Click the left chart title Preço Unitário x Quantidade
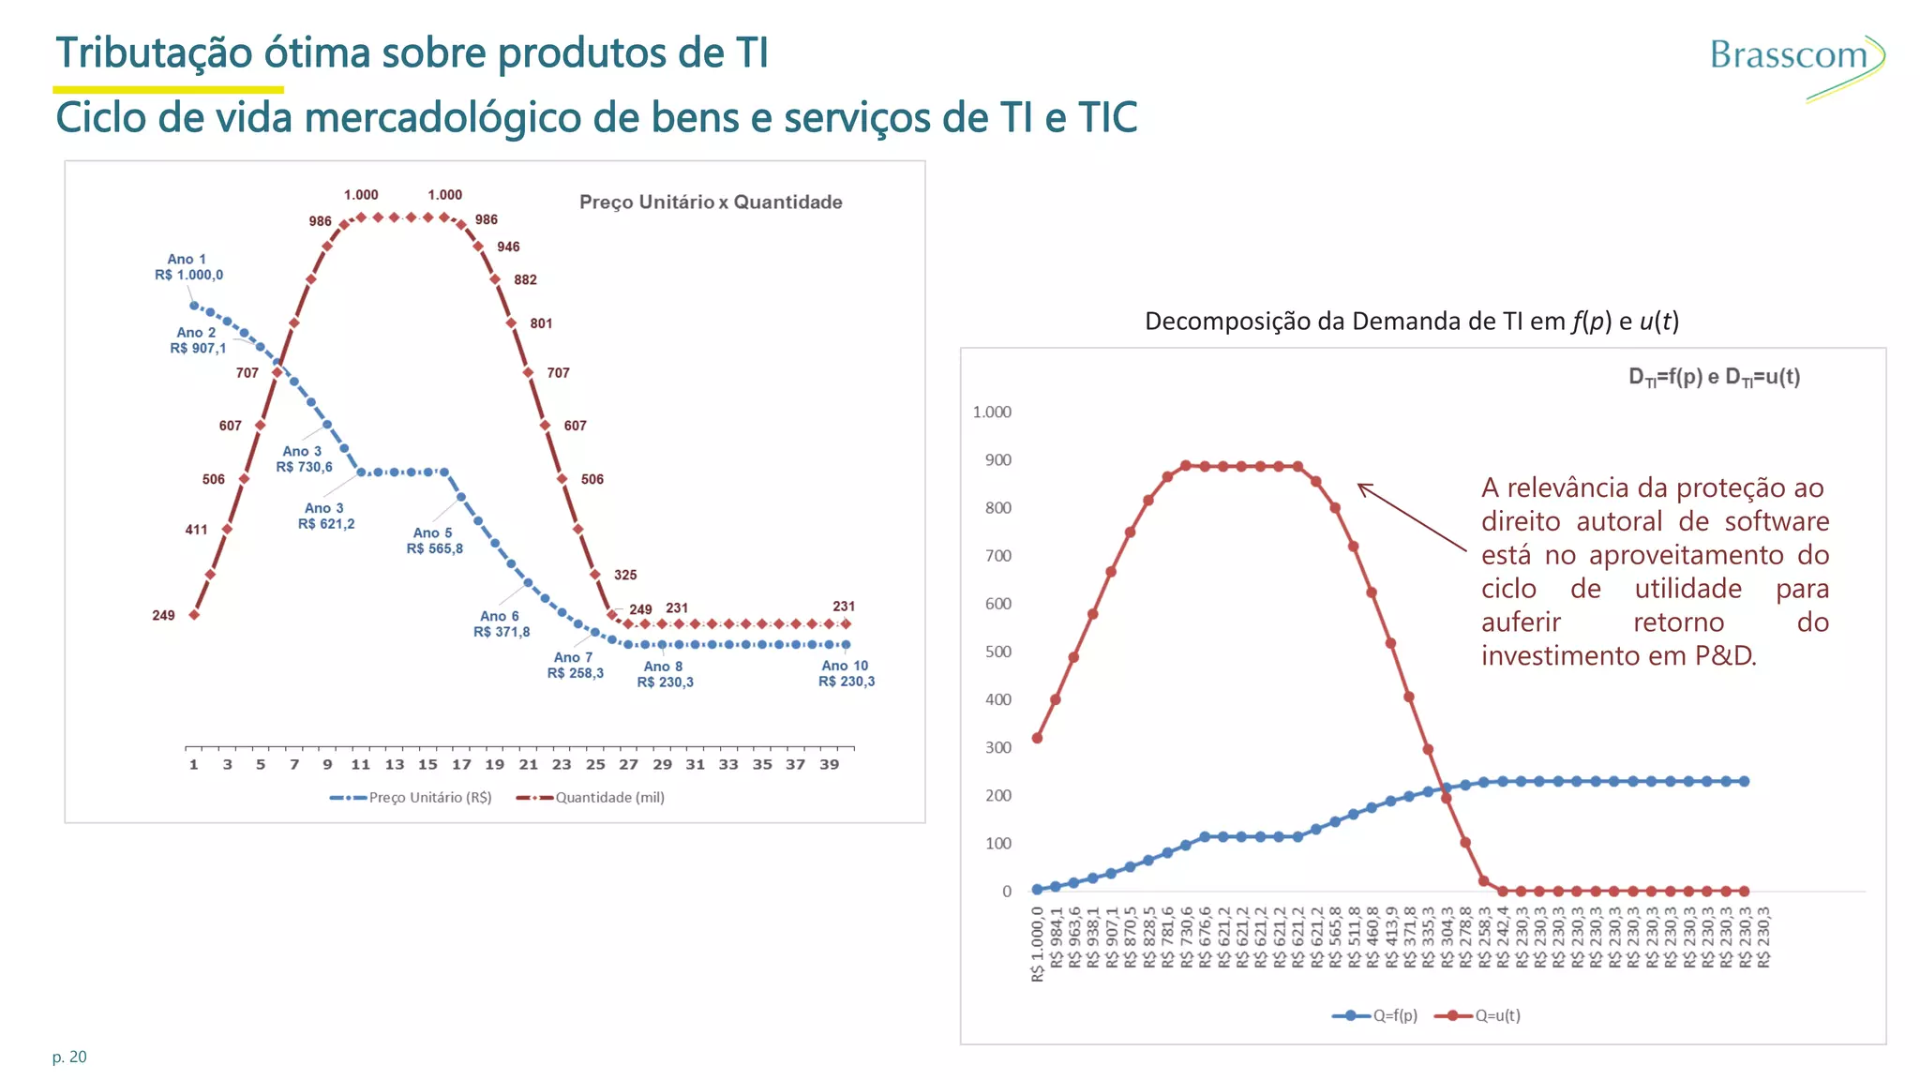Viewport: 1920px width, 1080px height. click(711, 202)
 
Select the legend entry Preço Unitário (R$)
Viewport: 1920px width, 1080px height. click(412, 798)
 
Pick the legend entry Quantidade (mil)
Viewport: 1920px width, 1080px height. click(592, 798)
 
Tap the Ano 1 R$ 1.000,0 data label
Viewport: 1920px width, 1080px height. click(188, 267)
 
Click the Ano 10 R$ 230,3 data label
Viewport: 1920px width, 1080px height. click(846, 674)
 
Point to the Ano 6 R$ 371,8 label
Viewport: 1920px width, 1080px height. click(501, 624)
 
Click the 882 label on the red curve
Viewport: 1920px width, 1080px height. click(525, 280)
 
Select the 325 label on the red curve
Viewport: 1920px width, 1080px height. click(625, 576)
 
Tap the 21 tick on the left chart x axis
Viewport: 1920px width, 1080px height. click(528, 765)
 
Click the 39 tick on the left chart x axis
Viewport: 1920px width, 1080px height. click(829, 765)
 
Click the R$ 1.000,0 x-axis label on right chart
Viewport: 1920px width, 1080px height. click(1037, 945)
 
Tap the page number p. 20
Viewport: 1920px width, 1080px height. click(69, 1057)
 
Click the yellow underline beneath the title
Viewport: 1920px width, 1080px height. click(168, 90)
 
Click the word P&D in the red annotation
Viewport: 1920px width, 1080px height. click(1724, 656)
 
